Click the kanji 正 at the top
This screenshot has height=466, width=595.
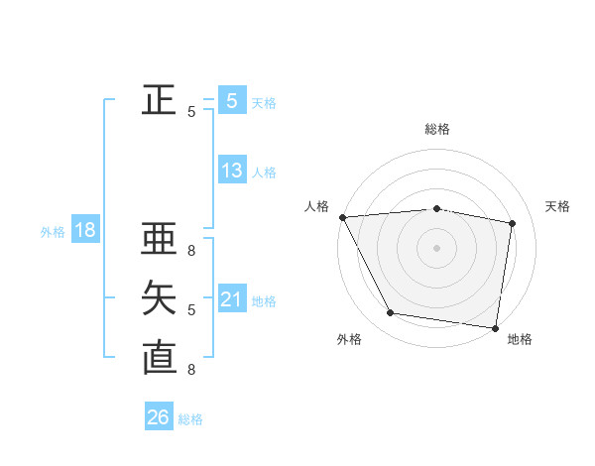pyautogui.click(x=159, y=100)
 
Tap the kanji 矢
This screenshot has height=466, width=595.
pyautogui.click(x=159, y=298)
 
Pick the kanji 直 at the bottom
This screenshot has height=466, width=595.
pyautogui.click(x=159, y=358)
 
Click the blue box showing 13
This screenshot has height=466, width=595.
pyautogui.click(x=232, y=171)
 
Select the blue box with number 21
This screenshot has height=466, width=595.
pyautogui.click(x=232, y=299)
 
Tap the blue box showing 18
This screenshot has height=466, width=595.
pyautogui.click(x=85, y=231)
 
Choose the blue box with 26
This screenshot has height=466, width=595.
pyautogui.click(x=159, y=417)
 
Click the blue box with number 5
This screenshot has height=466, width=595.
pyautogui.click(x=232, y=100)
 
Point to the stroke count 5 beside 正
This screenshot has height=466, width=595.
pyautogui.click(x=191, y=112)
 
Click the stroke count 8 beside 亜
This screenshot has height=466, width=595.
pyautogui.click(x=191, y=251)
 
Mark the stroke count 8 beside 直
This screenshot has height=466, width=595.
pyautogui.click(x=191, y=370)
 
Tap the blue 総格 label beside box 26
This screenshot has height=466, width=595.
pyautogui.click(x=190, y=419)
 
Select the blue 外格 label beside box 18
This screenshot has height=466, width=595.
pyautogui.click(x=53, y=232)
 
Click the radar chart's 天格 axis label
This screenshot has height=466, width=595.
pyautogui.click(x=558, y=206)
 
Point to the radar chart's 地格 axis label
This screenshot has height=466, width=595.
pyautogui.click(x=520, y=339)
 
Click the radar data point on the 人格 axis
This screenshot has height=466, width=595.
pyautogui.click(x=342, y=217)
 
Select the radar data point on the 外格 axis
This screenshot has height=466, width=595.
pyautogui.click(x=391, y=313)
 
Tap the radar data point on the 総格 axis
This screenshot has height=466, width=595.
pyautogui.click(x=436, y=208)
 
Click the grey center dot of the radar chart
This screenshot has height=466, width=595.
pyautogui.click(x=436, y=247)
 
